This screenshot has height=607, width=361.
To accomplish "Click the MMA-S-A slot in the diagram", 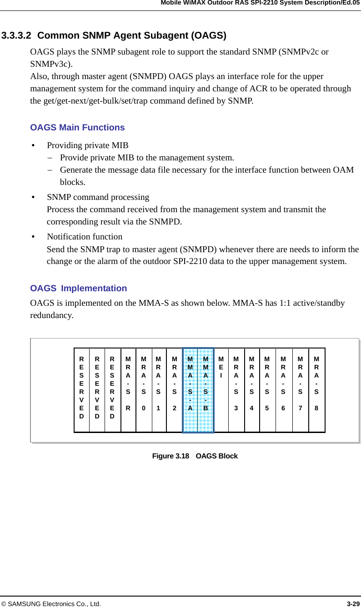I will point(190,390).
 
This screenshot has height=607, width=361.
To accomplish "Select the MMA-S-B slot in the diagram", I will point(206,390).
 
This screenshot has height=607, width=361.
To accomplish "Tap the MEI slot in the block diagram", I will point(221,390).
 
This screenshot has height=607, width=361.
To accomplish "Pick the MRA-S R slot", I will point(128,390).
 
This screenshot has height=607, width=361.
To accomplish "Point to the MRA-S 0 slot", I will point(144,390).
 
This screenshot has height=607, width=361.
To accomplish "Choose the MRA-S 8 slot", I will point(316,390).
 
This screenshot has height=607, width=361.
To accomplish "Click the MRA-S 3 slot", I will point(236,390).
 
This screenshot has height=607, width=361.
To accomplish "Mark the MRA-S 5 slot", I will point(267,390).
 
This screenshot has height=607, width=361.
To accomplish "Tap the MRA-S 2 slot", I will point(174,390).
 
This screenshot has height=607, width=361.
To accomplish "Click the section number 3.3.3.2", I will point(16,35).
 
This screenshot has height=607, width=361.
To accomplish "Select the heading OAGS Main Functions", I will point(77,128).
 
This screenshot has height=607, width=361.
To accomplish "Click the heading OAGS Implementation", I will point(78,289).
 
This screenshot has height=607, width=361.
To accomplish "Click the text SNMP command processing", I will point(98,197).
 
